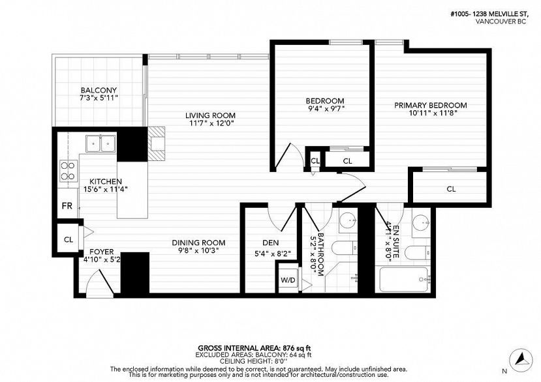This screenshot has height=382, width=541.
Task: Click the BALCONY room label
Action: point(99,91)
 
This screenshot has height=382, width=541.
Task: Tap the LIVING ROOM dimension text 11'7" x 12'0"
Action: point(210,123)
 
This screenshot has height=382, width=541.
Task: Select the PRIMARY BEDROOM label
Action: point(431,105)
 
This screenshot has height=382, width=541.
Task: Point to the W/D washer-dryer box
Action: point(288,280)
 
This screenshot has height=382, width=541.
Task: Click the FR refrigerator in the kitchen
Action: point(67,206)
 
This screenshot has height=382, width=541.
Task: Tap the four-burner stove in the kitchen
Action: point(69,171)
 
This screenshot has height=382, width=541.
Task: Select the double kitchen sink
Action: point(100,143)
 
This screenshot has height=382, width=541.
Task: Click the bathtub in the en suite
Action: point(405,279)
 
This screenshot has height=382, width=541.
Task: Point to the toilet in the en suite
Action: point(418,254)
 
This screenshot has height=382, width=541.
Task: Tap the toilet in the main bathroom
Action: point(345,248)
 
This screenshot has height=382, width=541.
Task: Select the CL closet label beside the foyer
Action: point(69,240)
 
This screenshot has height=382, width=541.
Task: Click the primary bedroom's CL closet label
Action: point(451,189)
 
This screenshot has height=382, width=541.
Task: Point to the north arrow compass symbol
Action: point(521,359)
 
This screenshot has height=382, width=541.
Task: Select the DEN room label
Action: point(270,242)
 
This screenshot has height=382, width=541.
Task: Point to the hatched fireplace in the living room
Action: point(157,143)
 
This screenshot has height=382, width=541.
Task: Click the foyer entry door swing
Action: point(100,282)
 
